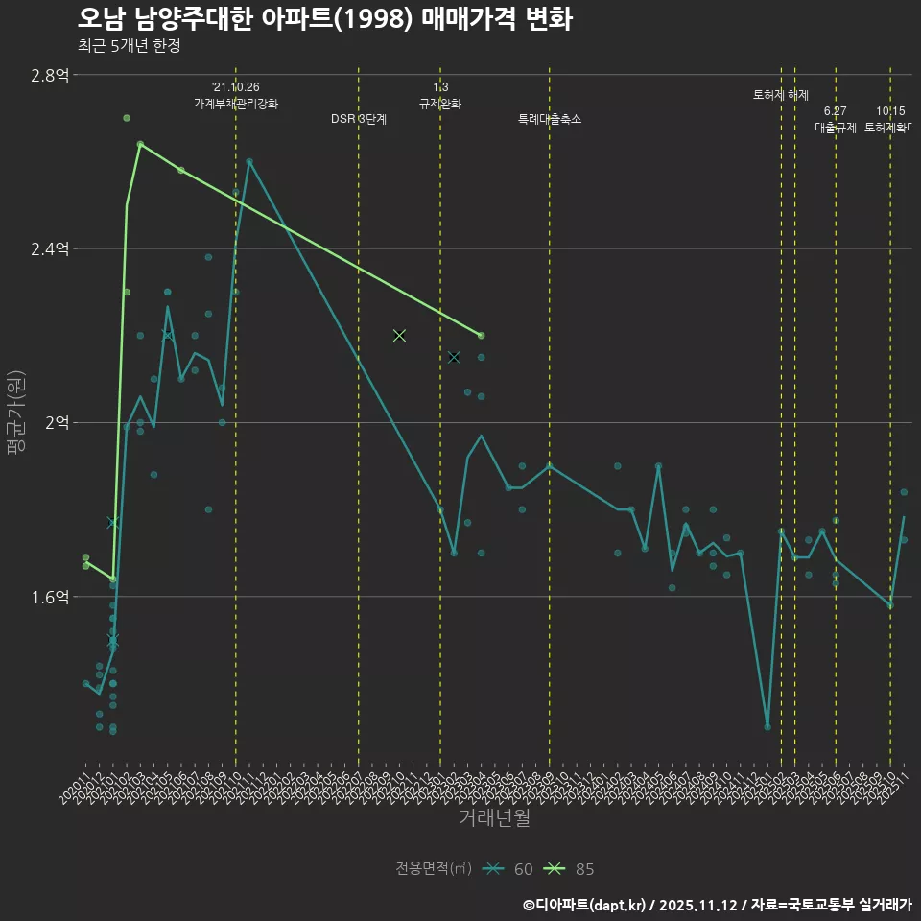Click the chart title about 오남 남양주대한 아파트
click(325, 19)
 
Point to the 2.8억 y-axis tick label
click(49, 75)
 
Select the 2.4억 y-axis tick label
click(49, 248)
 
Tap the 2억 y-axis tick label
click(55, 422)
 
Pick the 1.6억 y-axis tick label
click(49, 597)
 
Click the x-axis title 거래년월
click(494, 818)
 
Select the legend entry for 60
click(508, 869)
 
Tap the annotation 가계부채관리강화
click(236, 104)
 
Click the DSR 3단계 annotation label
click(359, 119)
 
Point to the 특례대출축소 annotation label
click(550, 119)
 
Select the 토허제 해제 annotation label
click(781, 95)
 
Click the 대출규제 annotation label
click(836, 127)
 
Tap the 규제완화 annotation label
click(440, 104)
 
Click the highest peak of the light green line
click(140, 144)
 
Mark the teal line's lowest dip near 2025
click(767, 726)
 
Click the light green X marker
click(399, 335)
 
